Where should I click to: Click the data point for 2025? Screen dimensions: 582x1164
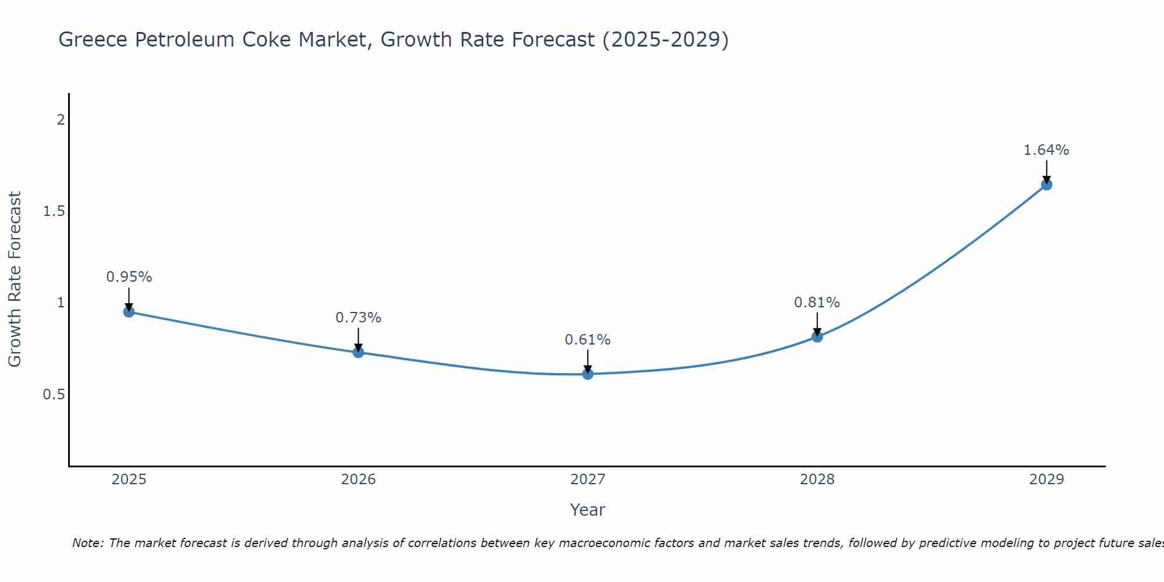tap(129, 312)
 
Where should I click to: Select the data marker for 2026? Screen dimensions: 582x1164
tap(358, 352)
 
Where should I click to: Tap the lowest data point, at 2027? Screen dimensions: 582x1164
tap(587, 374)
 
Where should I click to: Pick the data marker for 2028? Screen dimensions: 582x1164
tap(817, 337)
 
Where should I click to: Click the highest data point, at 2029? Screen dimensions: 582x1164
tap(1046, 185)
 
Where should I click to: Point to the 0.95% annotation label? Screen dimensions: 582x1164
tap(129, 277)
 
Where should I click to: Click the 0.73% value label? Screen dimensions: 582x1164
tap(358, 318)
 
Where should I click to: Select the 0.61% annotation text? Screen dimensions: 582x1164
tap(587, 340)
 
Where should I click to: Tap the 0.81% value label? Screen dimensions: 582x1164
tap(817, 303)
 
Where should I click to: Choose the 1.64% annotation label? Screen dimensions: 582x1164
tap(1046, 150)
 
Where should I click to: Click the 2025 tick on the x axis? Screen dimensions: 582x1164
tap(129, 480)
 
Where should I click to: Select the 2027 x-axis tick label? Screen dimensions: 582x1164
tap(587, 480)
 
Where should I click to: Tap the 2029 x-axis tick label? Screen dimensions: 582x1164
tap(1046, 480)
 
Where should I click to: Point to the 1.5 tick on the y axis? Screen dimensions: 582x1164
tap(54, 211)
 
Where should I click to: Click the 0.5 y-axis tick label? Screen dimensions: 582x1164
tap(54, 395)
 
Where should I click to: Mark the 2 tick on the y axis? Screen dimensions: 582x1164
tap(60, 120)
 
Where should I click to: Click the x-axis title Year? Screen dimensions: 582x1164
tap(587, 510)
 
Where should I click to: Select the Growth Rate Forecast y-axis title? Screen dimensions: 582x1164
tap(15, 279)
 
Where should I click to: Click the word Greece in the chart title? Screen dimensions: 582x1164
tap(93, 40)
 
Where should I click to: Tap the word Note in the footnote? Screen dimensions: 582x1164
tap(87, 543)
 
